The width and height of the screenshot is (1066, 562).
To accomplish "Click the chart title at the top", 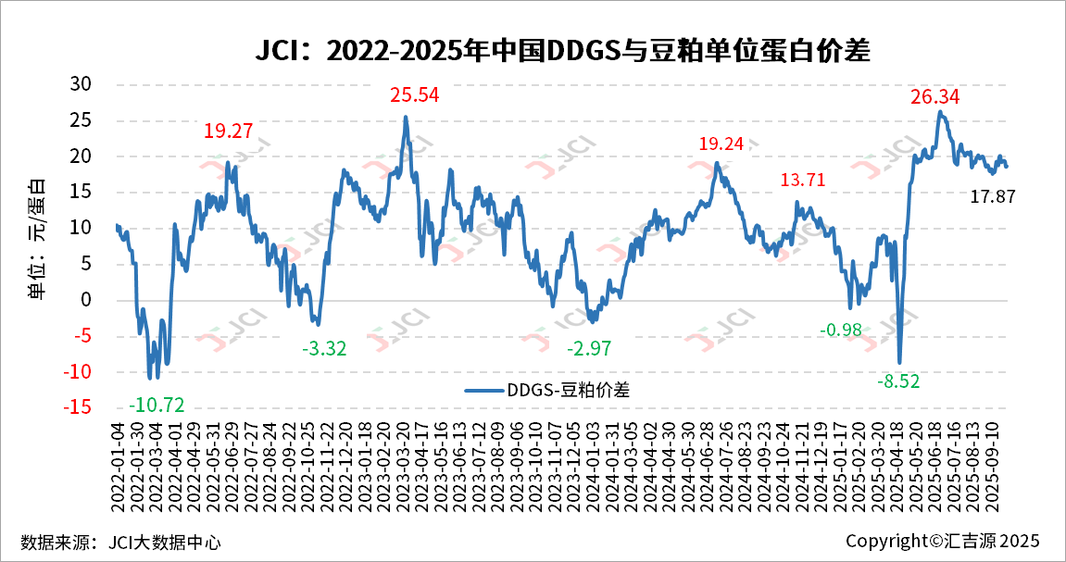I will [x=563, y=50].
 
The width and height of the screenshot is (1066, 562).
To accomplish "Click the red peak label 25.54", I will [x=414, y=95].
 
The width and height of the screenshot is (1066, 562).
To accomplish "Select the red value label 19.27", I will [x=228, y=131].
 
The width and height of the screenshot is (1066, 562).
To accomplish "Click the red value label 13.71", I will [x=802, y=180].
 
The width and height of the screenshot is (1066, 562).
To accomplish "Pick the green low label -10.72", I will [x=157, y=405].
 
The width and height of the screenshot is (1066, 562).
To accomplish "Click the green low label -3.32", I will [x=324, y=349].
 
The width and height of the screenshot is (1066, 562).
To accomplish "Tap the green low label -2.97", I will [x=590, y=349].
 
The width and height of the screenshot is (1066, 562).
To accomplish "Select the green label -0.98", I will [x=840, y=331].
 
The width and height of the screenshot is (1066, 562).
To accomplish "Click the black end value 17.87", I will [x=994, y=196].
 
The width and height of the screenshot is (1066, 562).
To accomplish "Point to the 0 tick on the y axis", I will [x=87, y=300].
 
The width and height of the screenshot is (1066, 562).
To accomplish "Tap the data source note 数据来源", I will [x=121, y=542].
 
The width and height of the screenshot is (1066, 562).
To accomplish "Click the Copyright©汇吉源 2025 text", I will [x=943, y=541].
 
